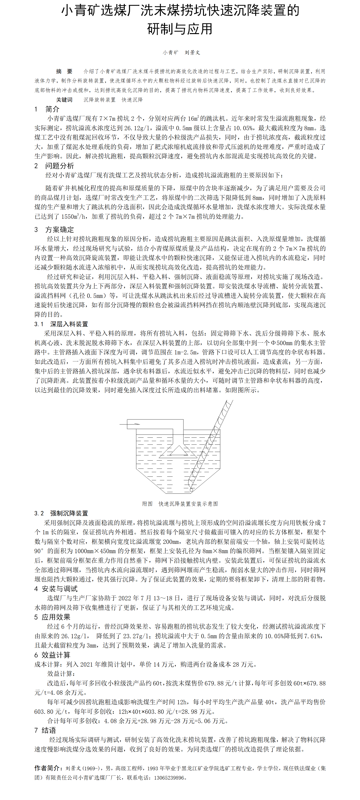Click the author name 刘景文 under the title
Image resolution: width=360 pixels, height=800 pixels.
tap(192, 52)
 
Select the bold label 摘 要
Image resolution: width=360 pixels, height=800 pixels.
tap(64, 71)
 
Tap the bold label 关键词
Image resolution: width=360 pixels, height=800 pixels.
tap(64, 100)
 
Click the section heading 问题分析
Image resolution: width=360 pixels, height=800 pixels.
tap(60, 166)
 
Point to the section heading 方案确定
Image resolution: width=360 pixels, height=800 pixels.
tap(60, 230)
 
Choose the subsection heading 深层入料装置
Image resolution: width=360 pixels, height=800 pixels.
tap(69, 324)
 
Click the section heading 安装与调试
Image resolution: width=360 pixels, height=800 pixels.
tap(60, 589)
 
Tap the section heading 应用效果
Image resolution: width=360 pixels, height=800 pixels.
tap(56, 617)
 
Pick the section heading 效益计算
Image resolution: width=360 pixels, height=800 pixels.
tap(56, 655)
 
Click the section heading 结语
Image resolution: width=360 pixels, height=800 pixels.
tap(49, 730)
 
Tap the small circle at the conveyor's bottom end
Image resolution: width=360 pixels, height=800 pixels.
tap(191, 490)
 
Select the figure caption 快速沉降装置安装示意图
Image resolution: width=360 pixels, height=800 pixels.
tap(188, 504)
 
